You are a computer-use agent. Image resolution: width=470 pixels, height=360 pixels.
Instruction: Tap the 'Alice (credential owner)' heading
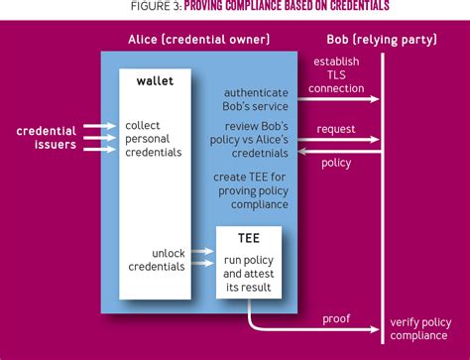199,40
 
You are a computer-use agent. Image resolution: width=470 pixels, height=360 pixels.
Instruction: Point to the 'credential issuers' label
47,137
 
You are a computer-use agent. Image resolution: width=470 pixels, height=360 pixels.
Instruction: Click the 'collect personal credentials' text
154,139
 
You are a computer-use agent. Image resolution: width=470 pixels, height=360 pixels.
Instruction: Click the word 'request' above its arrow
336,130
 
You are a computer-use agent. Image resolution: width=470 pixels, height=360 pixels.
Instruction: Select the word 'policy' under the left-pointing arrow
336,163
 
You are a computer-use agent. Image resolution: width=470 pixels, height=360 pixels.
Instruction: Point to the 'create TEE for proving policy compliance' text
250,190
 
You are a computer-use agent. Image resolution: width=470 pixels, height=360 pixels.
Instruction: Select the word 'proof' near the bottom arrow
336,317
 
